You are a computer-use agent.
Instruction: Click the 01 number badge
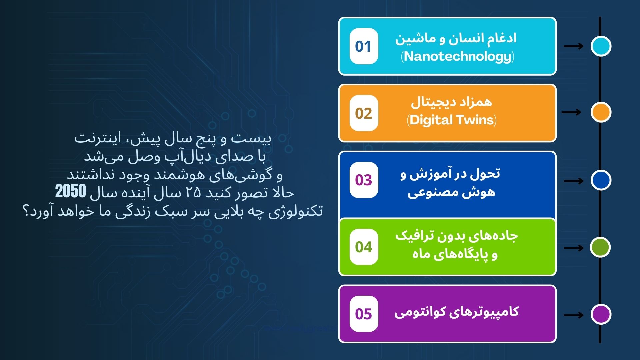pos(364,46)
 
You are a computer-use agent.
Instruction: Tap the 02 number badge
pos(364,113)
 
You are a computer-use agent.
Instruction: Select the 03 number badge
pos(364,180)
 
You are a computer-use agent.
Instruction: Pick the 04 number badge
pos(364,247)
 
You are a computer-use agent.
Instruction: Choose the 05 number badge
pos(364,314)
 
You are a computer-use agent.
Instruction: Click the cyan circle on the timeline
pos(601,46)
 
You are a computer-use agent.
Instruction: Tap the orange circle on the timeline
pos(601,112)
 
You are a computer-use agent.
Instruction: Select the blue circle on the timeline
pos(601,180)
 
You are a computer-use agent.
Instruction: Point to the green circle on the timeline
pos(600,247)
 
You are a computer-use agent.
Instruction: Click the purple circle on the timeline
pos(601,314)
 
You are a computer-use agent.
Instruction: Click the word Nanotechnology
pos(457,57)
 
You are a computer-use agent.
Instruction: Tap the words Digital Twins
pos(452,120)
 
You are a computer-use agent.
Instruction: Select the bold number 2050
pos(71,192)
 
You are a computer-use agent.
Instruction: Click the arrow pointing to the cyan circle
pos(574,46)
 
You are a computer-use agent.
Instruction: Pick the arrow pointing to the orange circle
pos(571,112)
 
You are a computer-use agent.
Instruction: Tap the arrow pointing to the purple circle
pos(574,315)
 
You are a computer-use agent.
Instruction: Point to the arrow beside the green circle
pos(574,248)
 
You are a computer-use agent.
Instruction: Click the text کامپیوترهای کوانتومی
pos(456,312)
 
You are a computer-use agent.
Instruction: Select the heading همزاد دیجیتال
pos(451,102)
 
